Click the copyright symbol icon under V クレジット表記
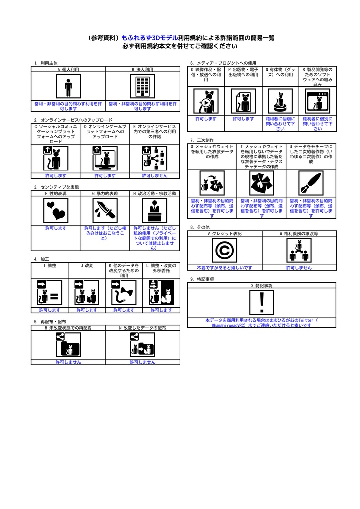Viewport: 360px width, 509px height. [x=225, y=251]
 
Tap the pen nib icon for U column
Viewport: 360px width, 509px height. [x=311, y=183]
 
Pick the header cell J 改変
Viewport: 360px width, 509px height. [x=87, y=266]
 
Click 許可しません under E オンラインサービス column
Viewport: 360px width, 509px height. [x=155, y=175]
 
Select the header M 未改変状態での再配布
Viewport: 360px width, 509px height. [x=68, y=328]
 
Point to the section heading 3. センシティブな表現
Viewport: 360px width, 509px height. [x=56, y=187]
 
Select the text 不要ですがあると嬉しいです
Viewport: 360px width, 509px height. [x=225, y=267]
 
